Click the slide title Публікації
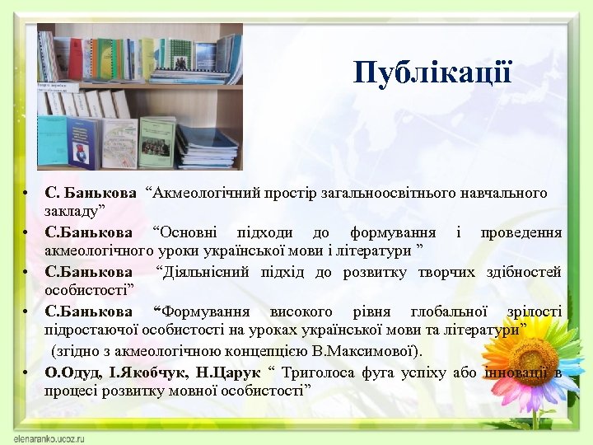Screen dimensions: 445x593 pyautogui.click(x=433, y=73)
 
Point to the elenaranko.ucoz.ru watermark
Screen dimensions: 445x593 pyautogui.click(x=51, y=434)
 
